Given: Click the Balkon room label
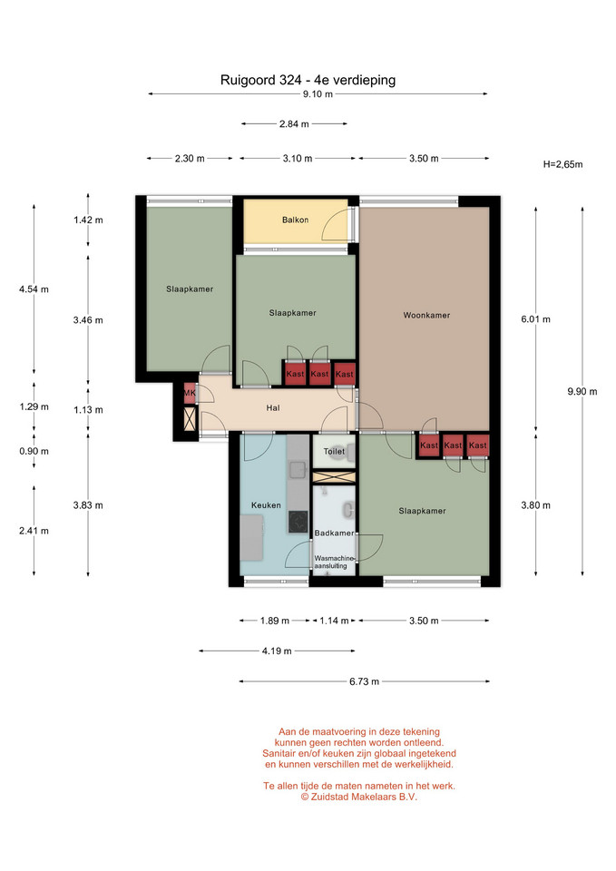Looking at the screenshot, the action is [295, 220].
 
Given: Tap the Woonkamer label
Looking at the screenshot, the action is [426, 315].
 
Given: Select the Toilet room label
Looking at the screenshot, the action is [334, 451].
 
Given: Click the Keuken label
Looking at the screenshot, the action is [266, 505].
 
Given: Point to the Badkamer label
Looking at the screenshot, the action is [334, 533].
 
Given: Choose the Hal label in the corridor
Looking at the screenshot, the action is [273, 407].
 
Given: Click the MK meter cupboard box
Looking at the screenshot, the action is [190, 393].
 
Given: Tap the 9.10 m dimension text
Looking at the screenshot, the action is [318, 93].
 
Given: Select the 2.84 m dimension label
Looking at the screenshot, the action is [294, 124].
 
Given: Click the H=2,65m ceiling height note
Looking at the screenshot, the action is [562, 164].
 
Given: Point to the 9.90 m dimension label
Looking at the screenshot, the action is [582, 391].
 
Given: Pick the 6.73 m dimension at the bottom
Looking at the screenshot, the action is [365, 681].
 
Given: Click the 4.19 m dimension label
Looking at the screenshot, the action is [277, 651].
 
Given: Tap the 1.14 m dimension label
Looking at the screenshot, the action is [334, 621].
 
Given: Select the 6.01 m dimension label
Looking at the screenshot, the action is [535, 318].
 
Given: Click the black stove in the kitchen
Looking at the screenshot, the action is [298, 522].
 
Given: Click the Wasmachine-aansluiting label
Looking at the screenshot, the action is [333, 562].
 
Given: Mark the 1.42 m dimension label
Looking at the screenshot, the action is [88, 220].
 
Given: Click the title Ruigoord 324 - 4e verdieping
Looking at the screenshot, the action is [308, 80].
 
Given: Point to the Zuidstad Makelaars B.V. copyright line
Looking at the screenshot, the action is [359, 797].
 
